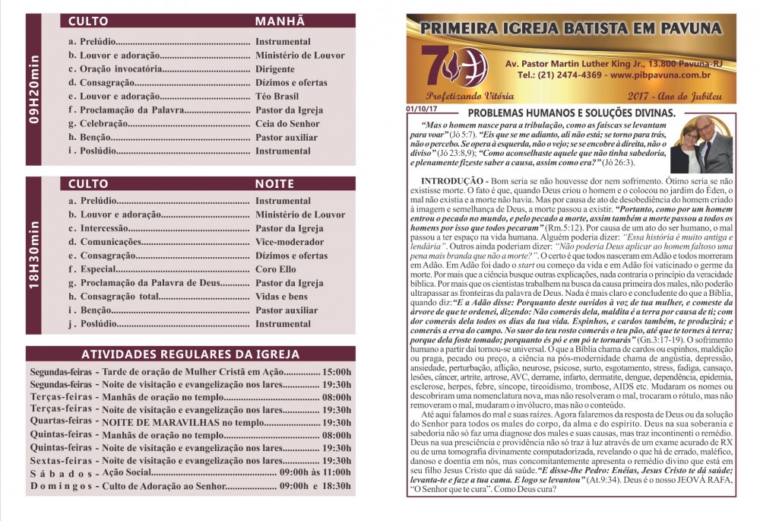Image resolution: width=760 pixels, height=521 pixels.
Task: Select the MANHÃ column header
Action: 280,21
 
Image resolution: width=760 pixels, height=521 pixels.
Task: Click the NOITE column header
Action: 274,184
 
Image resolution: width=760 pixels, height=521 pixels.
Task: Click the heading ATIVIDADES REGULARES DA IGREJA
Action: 190,355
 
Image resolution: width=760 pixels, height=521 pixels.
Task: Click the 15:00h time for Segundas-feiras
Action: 337,372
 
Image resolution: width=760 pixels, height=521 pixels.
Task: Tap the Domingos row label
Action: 61,485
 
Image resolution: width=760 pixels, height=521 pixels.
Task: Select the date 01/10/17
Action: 422,108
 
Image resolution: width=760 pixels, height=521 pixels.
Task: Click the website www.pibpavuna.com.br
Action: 660,75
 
